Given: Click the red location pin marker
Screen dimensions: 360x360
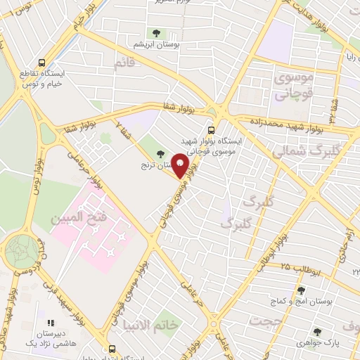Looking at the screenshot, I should click(x=181, y=165).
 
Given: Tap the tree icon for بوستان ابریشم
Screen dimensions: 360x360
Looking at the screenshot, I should click(x=156, y=32).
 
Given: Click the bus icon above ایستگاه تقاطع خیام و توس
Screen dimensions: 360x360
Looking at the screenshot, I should click(x=44, y=62).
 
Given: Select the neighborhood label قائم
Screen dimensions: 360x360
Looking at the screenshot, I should click(x=124, y=63).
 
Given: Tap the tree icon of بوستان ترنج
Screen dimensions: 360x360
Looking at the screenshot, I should click(x=161, y=154).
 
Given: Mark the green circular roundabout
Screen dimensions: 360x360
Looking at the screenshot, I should click(x=23, y=250).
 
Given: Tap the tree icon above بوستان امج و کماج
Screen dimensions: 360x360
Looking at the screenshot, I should click(x=301, y=290).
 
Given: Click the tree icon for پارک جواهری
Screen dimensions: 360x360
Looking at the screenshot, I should click(x=317, y=332).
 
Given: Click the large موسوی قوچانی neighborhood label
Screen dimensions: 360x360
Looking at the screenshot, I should click(x=295, y=84).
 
